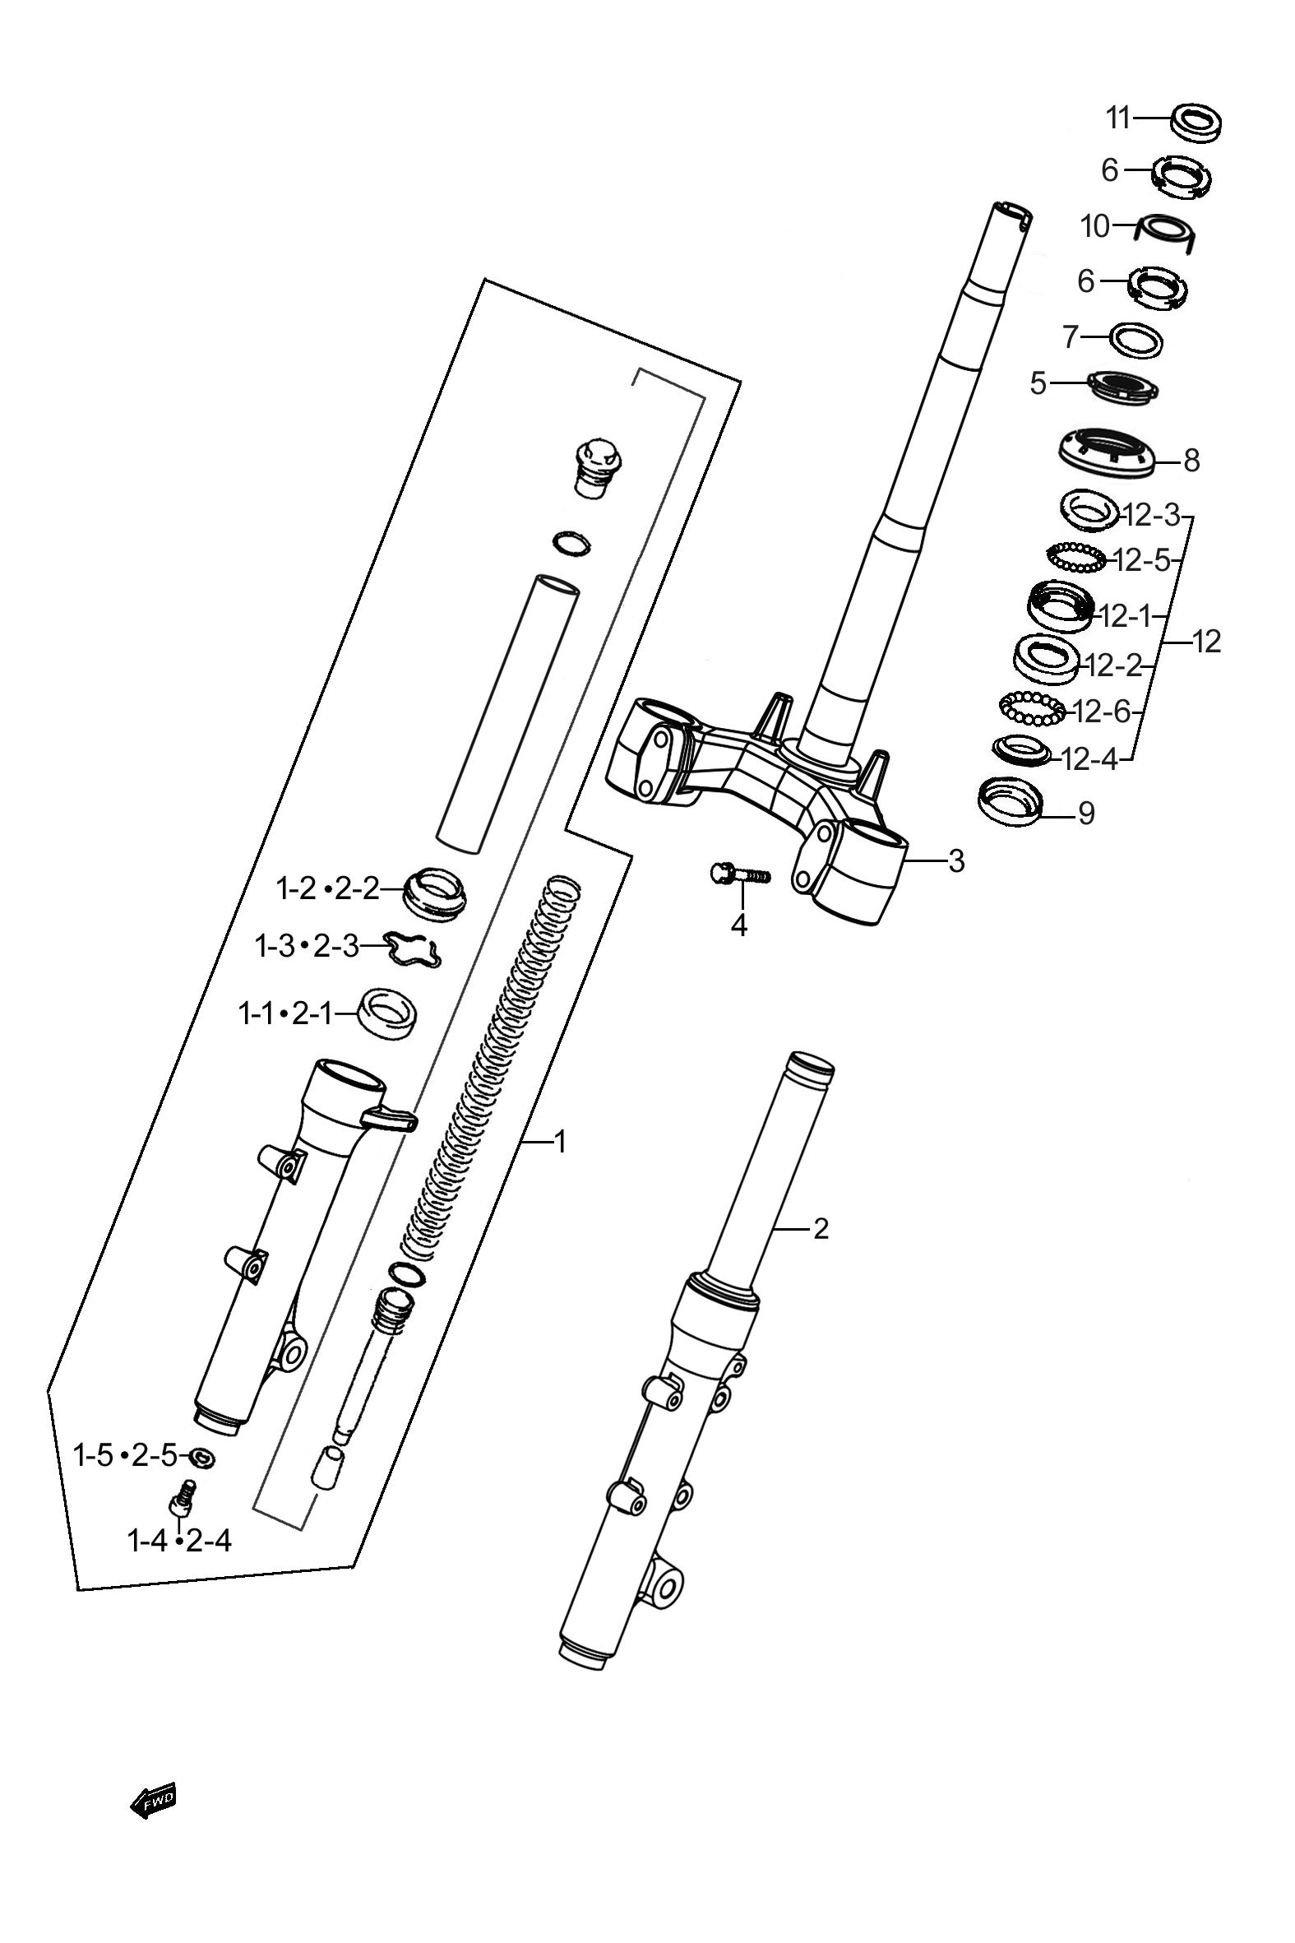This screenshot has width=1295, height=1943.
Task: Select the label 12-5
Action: pos(1142,561)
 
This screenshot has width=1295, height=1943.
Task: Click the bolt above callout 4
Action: pos(739,873)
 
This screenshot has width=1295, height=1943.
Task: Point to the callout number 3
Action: pos(955,861)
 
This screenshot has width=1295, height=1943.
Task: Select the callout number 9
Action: pos(1086,813)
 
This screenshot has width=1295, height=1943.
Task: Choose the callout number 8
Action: pos(1191,460)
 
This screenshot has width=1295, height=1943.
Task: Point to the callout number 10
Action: pos(1096,226)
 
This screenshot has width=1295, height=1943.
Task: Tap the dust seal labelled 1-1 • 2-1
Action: pos(386,1013)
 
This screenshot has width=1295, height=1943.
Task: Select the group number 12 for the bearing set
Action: pos(1207,641)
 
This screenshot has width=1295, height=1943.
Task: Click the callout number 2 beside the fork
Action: pos(820,1228)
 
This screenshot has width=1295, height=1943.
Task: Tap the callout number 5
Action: pos(1038,383)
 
